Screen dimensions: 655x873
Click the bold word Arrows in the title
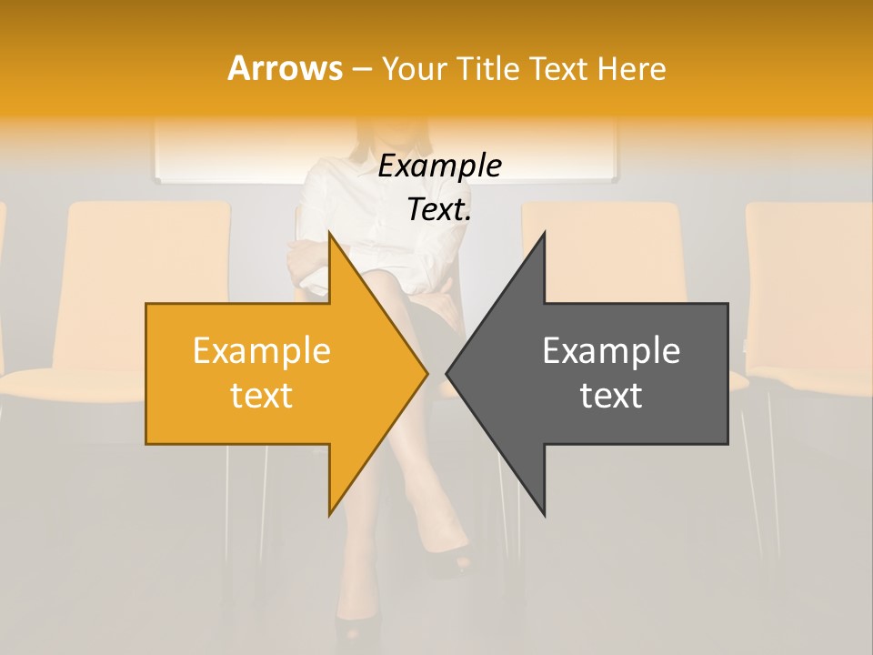pyautogui.click(x=285, y=68)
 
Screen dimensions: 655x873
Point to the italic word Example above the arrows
pyautogui.click(x=439, y=166)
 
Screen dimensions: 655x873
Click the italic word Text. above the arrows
pyautogui.click(x=439, y=209)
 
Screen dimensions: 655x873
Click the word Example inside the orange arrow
pyautogui.click(x=262, y=350)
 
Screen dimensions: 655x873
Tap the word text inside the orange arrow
pyautogui.click(x=262, y=395)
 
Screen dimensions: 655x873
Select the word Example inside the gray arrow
pyautogui.click(x=611, y=350)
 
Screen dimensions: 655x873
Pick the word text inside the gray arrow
pyautogui.click(x=611, y=395)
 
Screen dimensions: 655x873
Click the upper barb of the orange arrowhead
pyautogui.click(x=331, y=238)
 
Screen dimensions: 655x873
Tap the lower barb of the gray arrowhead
pyautogui.click(x=543, y=510)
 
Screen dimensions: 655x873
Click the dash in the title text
pyautogui.click(x=361, y=70)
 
